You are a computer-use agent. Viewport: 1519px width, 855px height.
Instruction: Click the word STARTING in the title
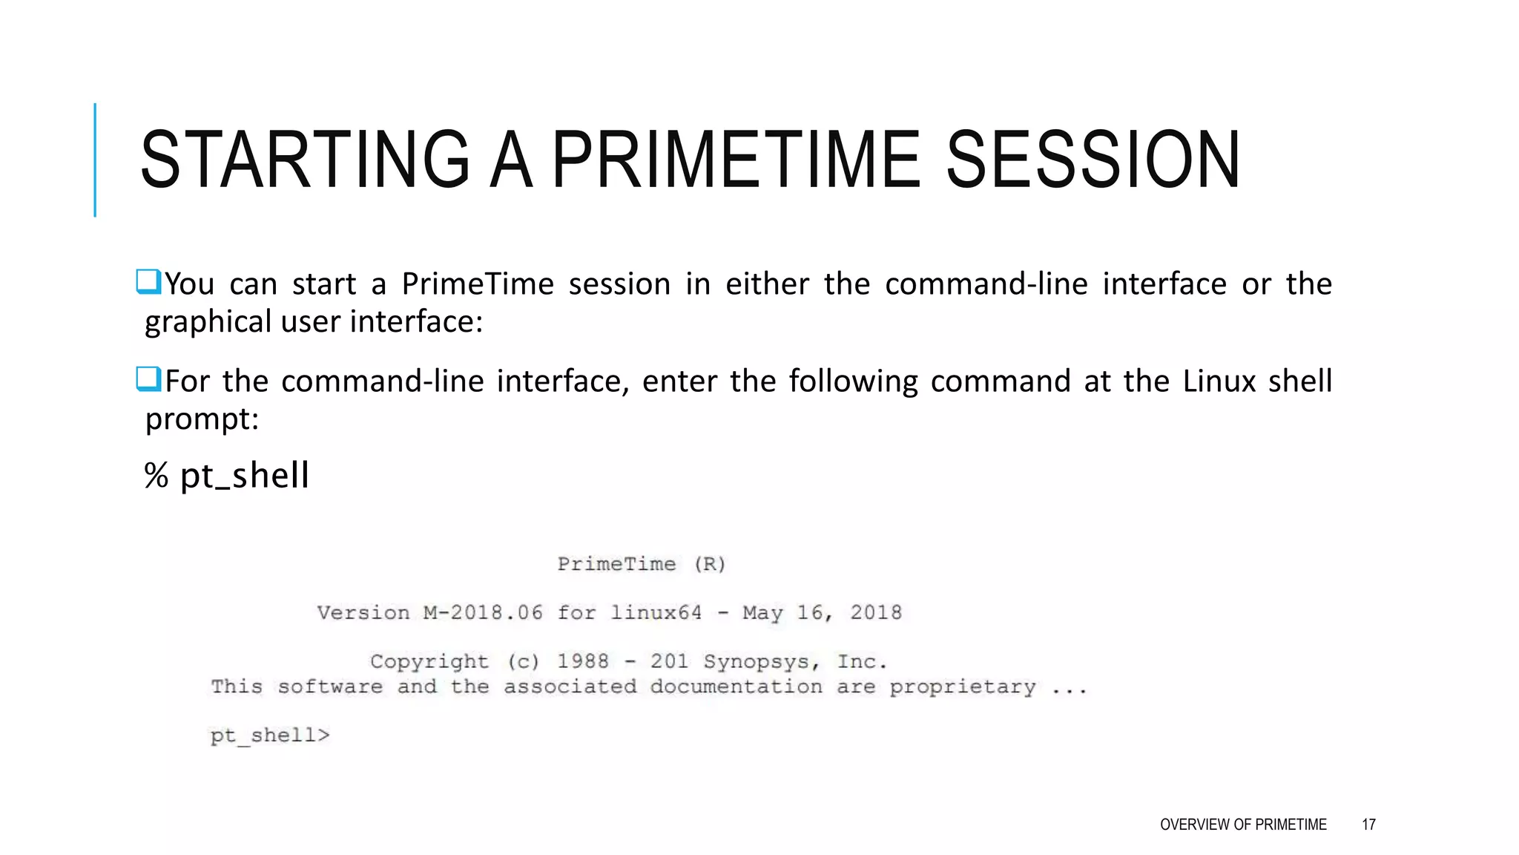(304, 160)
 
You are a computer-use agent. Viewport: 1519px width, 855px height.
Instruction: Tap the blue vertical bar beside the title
(95, 160)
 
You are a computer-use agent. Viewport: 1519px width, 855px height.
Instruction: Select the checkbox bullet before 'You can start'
(148, 282)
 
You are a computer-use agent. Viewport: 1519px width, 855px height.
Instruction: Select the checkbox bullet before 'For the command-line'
(148, 379)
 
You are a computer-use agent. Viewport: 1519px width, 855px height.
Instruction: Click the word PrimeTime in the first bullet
(478, 284)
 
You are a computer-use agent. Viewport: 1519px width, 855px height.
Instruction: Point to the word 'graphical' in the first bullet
(208, 322)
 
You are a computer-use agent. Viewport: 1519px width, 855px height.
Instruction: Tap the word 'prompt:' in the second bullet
(202, 419)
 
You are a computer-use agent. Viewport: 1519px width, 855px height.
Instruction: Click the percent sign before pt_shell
(156, 475)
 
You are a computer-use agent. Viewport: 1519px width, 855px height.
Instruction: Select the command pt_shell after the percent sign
(244, 475)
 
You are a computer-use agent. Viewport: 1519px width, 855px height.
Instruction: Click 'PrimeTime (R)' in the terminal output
(642, 565)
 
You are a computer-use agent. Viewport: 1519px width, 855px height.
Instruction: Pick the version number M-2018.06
(483, 613)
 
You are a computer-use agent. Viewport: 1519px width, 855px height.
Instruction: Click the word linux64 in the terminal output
(656, 613)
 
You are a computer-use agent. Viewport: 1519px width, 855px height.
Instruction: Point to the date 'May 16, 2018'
(822, 613)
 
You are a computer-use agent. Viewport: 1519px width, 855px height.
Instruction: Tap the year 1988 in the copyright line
(583, 662)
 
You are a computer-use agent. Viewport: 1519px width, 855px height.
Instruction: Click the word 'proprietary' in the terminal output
(962, 687)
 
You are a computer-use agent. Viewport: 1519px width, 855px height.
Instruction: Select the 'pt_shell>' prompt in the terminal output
(270, 736)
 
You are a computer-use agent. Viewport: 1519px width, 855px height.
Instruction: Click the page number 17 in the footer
(1368, 825)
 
